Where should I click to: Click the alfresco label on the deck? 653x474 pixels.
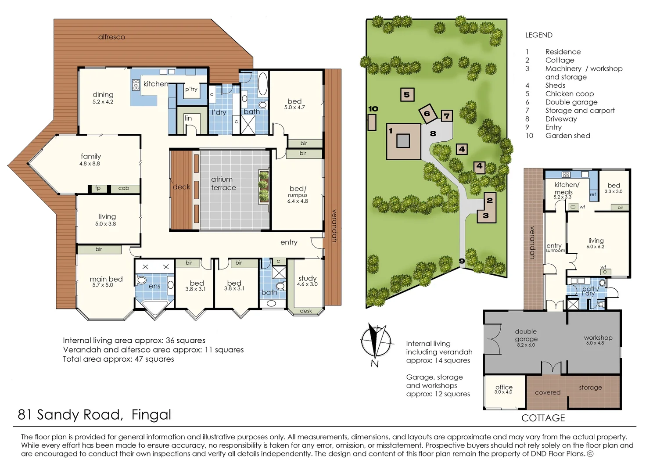[111, 37]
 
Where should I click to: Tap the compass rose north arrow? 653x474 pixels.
[376, 341]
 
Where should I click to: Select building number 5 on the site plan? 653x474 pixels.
[407, 95]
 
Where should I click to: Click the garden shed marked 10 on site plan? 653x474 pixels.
[372, 122]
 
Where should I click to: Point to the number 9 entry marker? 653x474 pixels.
[462, 261]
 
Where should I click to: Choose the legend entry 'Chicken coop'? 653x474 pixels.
[569, 93]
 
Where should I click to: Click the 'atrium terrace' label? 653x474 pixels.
[223, 183]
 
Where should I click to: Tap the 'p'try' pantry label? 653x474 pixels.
[191, 90]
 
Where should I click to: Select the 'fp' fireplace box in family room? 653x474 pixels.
[98, 188]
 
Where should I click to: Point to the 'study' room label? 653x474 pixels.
[307, 278]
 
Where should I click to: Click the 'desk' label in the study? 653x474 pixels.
[306, 311]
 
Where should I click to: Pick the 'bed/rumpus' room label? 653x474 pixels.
[298, 192]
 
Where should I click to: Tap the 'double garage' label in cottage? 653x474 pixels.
[526, 335]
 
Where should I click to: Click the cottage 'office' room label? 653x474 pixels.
[504, 387]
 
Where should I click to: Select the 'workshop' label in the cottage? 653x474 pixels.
[598, 338]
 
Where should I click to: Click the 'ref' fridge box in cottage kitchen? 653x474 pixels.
[593, 194]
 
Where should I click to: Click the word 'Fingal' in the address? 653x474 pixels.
[151, 415]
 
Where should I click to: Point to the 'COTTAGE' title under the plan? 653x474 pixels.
[543, 418]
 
